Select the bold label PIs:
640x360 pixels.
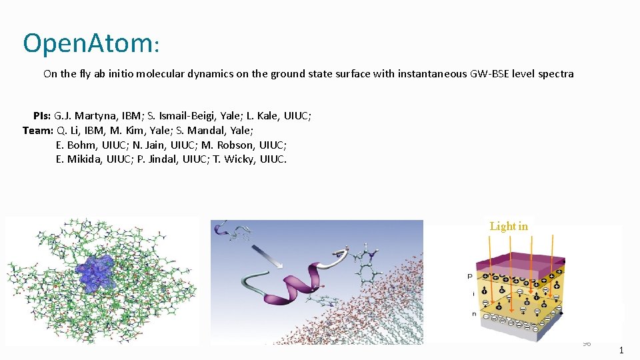coord(42,116)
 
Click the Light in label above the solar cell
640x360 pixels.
coord(509,227)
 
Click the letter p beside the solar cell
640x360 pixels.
coord(469,275)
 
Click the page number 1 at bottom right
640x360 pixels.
coord(621,349)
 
